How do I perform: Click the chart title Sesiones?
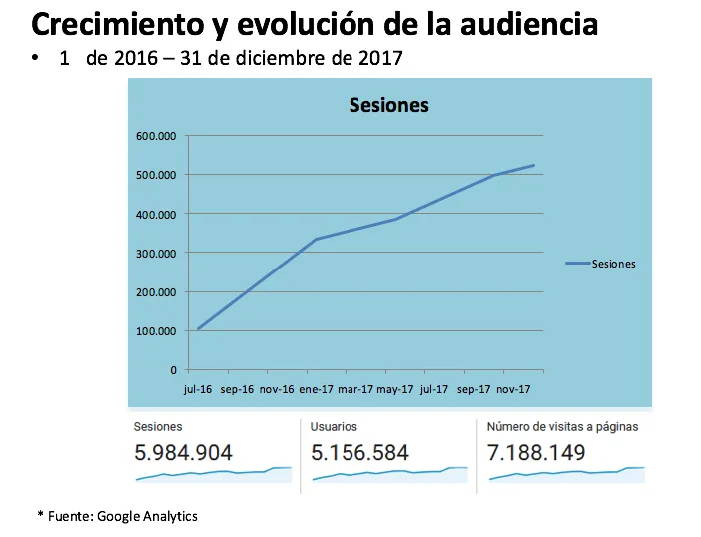389,105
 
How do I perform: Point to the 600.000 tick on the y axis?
156,136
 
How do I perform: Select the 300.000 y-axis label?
156,254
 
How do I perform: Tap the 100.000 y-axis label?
156,331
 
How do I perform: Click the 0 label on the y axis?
173,370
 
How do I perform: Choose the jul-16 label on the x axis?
198,389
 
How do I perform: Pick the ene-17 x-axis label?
317,389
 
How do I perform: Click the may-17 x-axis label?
395,389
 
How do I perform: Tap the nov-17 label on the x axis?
513,389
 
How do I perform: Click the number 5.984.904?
184,453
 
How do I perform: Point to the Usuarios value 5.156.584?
359,453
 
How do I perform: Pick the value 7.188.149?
536,453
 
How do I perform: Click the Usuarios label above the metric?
334,427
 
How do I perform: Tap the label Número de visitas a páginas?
562,427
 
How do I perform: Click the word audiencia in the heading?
529,24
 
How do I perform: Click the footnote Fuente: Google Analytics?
123,516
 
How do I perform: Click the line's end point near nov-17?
534,166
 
